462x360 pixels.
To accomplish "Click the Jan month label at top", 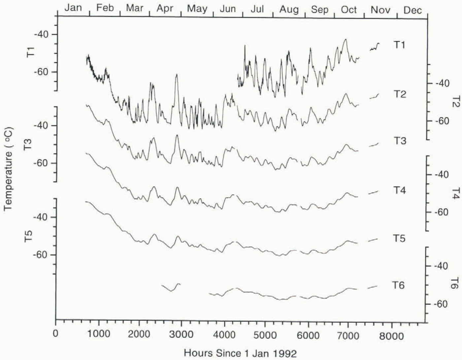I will (x=73, y=8).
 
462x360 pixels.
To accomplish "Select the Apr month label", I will (x=165, y=9).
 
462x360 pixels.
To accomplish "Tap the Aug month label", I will (x=289, y=10).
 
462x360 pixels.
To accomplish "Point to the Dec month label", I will (x=412, y=10).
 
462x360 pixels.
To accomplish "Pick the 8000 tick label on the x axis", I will (x=391, y=336).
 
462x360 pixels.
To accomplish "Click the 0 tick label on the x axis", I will (x=55, y=333).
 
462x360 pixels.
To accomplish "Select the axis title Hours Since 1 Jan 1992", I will (x=240, y=353).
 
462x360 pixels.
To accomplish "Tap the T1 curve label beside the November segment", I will (x=399, y=45).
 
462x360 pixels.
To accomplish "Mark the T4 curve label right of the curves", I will (x=399, y=190).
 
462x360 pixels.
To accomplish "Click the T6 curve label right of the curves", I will (x=398, y=285).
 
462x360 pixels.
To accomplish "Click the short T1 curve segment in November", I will (x=374, y=47).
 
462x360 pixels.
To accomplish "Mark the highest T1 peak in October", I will (x=345, y=39).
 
